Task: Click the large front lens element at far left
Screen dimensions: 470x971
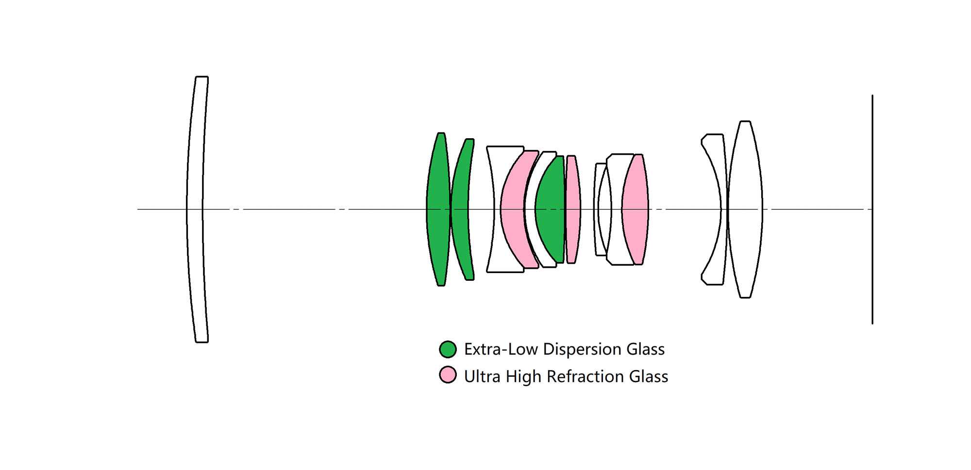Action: pos(195,209)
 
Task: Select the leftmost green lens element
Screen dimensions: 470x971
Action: pos(438,209)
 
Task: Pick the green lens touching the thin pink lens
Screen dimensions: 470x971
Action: pos(551,209)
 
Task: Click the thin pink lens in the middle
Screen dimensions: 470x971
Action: pos(573,209)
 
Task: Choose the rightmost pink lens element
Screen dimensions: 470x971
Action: pos(635,209)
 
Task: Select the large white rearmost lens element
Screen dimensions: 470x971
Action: pos(745,209)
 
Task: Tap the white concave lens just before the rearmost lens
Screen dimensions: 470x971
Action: pos(714,146)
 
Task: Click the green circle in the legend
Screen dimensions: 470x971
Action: pos(448,349)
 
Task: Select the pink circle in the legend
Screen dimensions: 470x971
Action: pos(448,375)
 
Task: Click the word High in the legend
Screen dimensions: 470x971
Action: pos(523,376)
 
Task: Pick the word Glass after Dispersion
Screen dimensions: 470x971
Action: pos(646,349)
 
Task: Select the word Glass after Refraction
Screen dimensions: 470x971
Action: pos(649,376)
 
